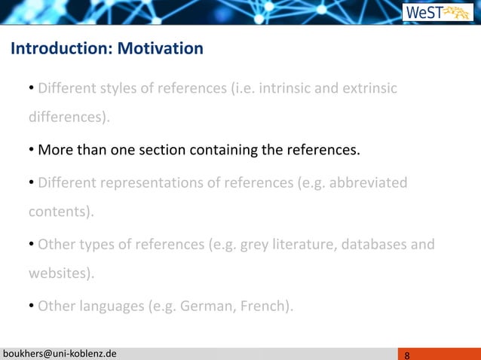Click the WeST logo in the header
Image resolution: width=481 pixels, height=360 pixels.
coord(437,13)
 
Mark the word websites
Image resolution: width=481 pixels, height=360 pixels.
coord(60,273)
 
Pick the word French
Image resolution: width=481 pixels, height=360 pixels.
coord(268,307)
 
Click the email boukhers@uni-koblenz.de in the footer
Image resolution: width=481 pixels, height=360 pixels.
coord(60,354)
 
